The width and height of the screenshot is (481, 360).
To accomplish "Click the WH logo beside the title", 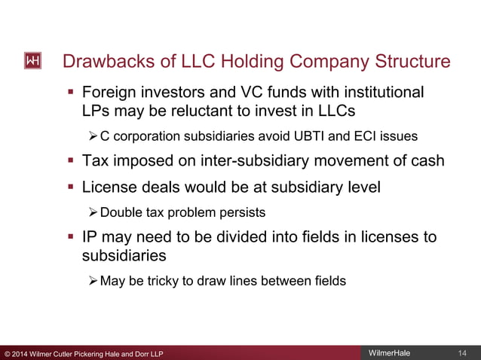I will point(33,61).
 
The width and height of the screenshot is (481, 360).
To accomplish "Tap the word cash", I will point(427,160).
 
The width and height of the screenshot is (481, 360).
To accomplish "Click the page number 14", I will point(462,353).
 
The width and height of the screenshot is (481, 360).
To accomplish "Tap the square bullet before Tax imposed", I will point(71,161).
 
